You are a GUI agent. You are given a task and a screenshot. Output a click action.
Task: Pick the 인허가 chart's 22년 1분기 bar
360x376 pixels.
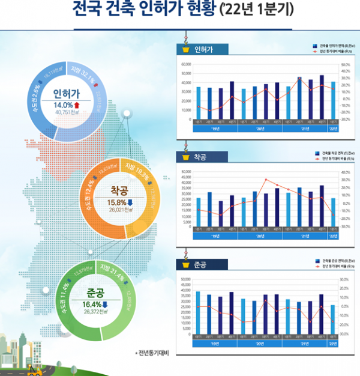333,100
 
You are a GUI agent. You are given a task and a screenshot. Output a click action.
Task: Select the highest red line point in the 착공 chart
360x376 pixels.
266,180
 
